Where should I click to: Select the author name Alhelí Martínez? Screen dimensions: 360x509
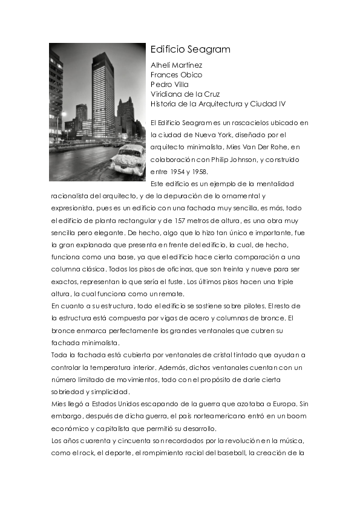pos(176,65)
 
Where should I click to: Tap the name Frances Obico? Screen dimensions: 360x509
pos(176,75)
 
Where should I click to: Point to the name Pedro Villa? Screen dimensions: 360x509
pos(169,85)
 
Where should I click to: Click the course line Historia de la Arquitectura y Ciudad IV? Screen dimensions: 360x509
pos(218,104)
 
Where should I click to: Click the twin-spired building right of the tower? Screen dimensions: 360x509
pos(126,115)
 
